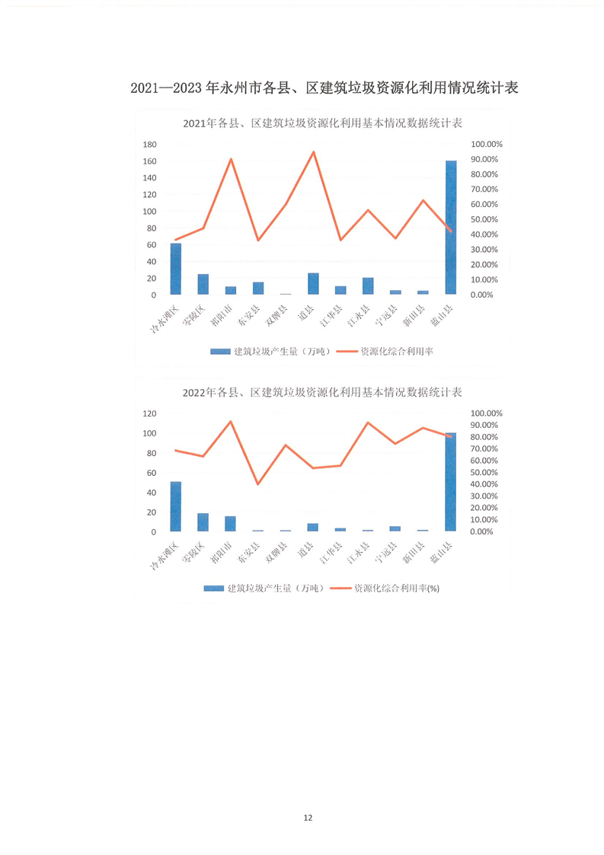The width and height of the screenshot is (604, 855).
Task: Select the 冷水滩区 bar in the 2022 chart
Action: coord(176,506)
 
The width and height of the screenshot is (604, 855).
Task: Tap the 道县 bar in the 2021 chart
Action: coord(313,283)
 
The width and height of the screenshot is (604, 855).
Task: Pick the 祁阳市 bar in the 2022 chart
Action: coord(231,524)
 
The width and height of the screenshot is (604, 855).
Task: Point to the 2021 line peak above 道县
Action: coord(313,152)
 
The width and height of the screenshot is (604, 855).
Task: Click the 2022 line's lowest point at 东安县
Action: coord(258,484)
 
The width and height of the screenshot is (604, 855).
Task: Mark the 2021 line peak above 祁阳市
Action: coord(231,159)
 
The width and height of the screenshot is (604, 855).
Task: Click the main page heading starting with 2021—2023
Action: coord(324,88)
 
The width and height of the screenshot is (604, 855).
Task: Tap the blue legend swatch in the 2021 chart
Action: coord(219,351)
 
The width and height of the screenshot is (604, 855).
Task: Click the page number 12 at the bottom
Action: coord(308,818)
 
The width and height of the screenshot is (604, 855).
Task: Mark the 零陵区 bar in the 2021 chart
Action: coord(203,284)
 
